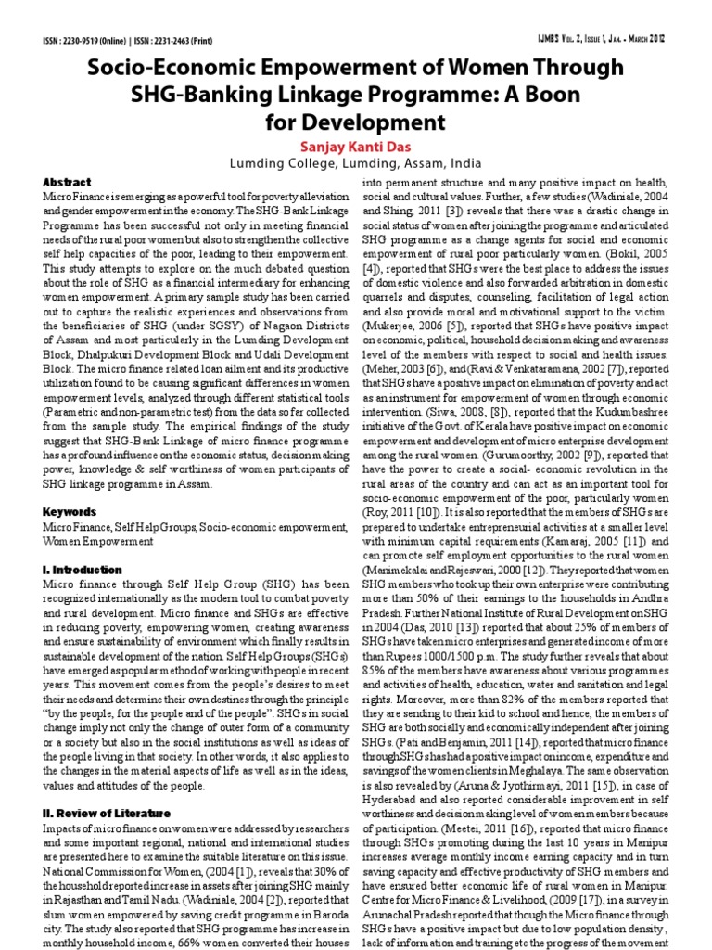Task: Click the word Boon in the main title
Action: click(x=546, y=95)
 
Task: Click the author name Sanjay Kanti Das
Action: click(x=356, y=147)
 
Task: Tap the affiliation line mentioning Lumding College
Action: click(x=356, y=164)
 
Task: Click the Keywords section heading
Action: click(x=70, y=511)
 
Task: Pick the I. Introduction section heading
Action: click(x=83, y=570)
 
